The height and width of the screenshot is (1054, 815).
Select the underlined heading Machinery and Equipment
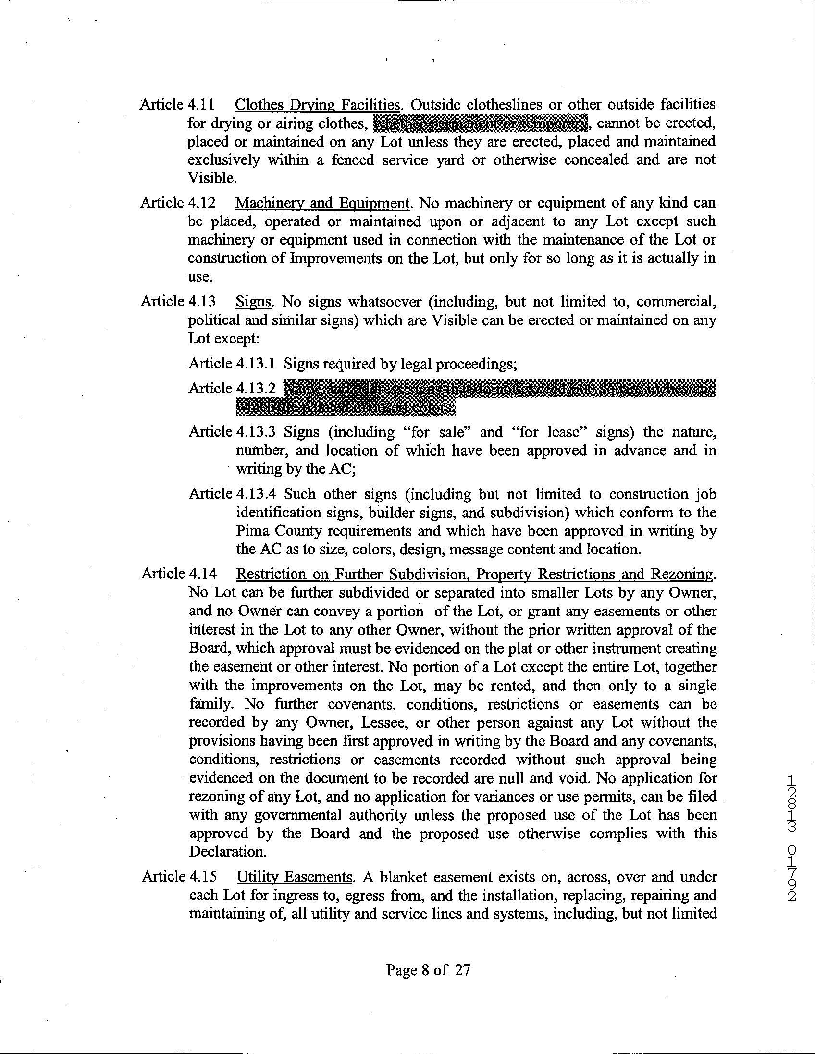click(x=322, y=203)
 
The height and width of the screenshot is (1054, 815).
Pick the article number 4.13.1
click(x=256, y=363)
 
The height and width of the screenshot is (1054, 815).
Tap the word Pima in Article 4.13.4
click(x=252, y=531)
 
